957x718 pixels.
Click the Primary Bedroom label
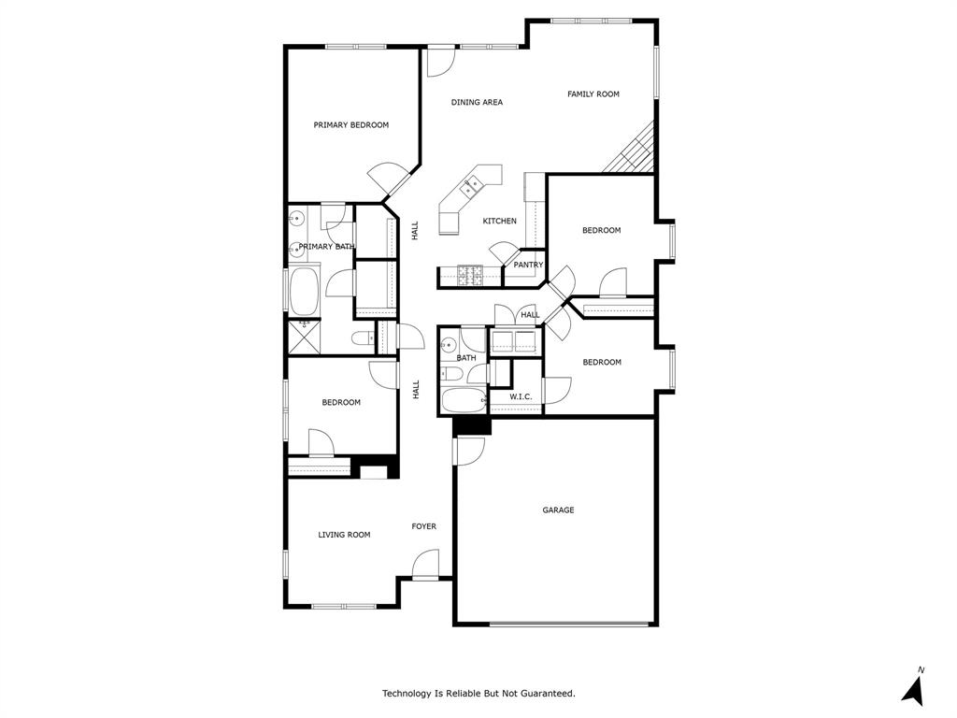tap(350, 124)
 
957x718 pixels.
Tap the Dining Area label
tap(477, 102)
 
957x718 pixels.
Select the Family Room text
tap(593, 93)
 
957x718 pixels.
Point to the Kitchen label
tap(499, 221)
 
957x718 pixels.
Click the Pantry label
tap(528, 265)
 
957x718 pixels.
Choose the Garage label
tap(558, 510)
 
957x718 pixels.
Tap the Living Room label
tap(344, 535)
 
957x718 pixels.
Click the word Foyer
tap(423, 526)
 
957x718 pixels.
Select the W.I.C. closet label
tap(521, 396)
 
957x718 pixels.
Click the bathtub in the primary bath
tap(305, 292)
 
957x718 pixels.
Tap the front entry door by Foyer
tap(425, 565)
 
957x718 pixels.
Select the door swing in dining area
tap(438, 62)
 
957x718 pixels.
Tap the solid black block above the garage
tap(472, 424)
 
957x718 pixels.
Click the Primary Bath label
tap(326, 247)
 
